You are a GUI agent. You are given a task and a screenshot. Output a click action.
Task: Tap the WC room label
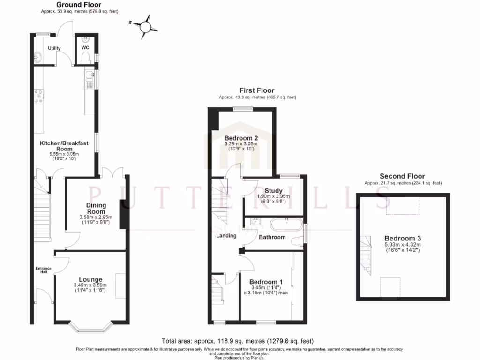pyautogui.click(x=85, y=48)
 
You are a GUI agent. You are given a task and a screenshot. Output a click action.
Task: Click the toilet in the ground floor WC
pyautogui.click(x=85, y=58)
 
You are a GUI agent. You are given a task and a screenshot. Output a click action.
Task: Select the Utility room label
pyautogui.click(x=54, y=48)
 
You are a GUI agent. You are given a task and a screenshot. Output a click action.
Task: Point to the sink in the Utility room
pyautogui.click(x=38, y=58)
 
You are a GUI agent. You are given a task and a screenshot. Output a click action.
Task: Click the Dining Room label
pyautogui.click(x=96, y=208)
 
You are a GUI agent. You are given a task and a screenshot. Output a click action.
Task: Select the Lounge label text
pyautogui.click(x=90, y=279)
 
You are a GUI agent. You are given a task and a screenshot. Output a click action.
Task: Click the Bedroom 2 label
pyautogui.click(x=241, y=138)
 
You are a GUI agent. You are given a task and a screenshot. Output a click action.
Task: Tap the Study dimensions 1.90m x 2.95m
pyautogui.click(x=273, y=196)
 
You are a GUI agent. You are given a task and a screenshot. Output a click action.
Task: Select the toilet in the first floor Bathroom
pyautogui.click(x=297, y=241)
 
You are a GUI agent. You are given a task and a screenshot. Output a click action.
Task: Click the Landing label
pyautogui.click(x=226, y=235)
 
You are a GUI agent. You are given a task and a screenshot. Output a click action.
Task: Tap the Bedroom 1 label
pyautogui.click(x=265, y=281)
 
